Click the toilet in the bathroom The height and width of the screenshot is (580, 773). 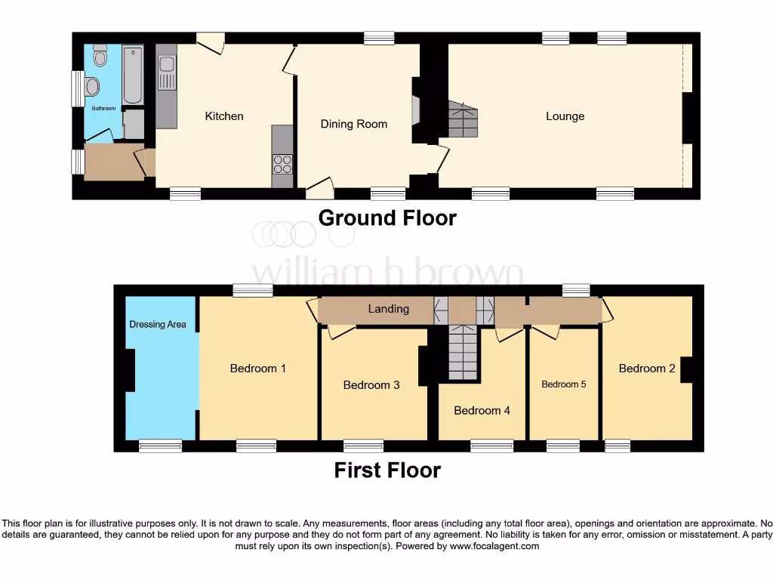pyautogui.click(x=100, y=57)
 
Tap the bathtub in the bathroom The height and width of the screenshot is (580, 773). pyautogui.click(x=133, y=74)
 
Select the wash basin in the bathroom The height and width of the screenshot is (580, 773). pyautogui.click(x=92, y=87)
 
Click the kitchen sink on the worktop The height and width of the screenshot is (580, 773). pyautogui.click(x=166, y=74)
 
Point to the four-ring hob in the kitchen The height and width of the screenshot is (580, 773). pyautogui.click(x=282, y=164)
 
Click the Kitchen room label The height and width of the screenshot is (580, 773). pyautogui.click(x=224, y=116)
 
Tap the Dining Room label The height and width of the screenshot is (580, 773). pyautogui.click(x=353, y=124)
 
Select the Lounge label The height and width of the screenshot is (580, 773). pyautogui.click(x=565, y=116)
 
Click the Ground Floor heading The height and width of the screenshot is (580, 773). pyautogui.click(x=387, y=217)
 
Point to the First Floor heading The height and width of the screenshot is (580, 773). pyautogui.click(x=387, y=470)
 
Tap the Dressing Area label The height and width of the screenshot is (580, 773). pyautogui.click(x=158, y=324)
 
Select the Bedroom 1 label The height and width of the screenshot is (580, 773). pyautogui.click(x=257, y=369)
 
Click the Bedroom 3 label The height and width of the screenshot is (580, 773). pyautogui.click(x=371, y=385)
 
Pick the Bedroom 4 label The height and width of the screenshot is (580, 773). pyautogui.click(x=482, y=411)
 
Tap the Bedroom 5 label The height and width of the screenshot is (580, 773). pyautogui.click(x=564, y=384)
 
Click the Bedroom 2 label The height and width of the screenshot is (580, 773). pyautogui.click(x=647, y=369)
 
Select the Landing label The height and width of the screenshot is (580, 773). pyautogui.click(x=388, y=309)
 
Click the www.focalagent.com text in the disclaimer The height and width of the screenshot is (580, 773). pyautogui.click(x=496, y=546)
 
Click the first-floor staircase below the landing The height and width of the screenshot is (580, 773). pyautogui.click(x=463, y=353)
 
